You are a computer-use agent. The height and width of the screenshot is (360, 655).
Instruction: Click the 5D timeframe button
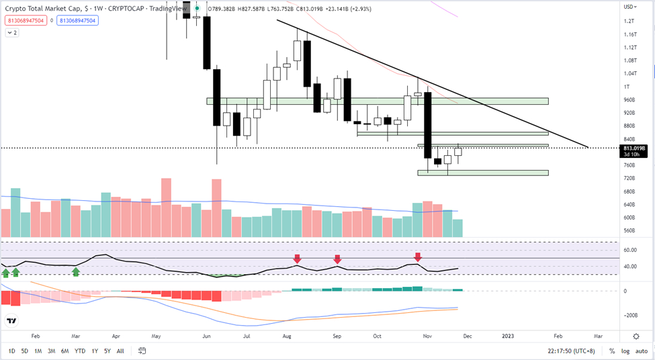coord(25,351)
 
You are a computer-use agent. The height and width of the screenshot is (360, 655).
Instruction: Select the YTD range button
coord(80,351)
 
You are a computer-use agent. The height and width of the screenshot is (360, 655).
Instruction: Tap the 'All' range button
coord(120,351)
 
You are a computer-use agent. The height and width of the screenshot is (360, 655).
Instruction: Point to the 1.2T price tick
coord(629,21)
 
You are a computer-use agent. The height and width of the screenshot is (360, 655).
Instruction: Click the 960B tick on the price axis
coord(629,100)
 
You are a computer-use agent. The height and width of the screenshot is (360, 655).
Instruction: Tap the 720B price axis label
coord(629,178)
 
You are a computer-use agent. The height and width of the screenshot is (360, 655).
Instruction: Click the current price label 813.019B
coord(635,148)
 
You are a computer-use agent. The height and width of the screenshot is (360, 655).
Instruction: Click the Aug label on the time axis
coord(288,335)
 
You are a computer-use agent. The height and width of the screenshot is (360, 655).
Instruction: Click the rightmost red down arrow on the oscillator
coord(418,257)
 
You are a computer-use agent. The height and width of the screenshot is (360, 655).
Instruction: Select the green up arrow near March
coord(76,271)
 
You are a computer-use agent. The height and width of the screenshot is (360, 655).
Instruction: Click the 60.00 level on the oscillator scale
coord(629,250)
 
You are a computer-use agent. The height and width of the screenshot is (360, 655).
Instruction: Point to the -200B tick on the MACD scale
coord(629,314)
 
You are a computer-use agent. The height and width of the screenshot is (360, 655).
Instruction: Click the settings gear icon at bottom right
coord(636,335)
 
